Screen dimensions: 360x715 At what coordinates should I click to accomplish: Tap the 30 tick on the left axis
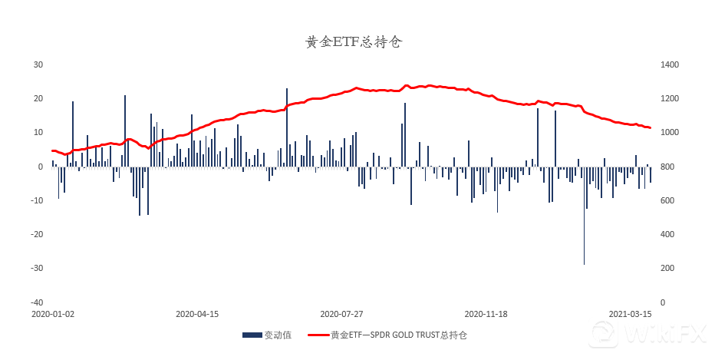(38, 64)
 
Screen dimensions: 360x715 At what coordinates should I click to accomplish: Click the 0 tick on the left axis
(40, 167)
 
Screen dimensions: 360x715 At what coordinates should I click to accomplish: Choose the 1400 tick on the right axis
(669, 64)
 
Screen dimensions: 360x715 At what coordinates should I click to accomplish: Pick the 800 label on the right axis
(667, 167)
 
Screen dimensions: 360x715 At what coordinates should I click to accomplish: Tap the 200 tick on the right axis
(667, 268)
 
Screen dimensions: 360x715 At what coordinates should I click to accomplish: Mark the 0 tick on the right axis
(662, 302)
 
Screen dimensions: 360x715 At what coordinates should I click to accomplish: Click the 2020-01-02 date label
(53, 314)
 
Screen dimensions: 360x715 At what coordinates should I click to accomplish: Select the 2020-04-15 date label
(197, 314)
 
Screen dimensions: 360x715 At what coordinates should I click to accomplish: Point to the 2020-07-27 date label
(341, 314)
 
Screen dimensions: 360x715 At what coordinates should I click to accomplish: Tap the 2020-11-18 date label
(486, 314)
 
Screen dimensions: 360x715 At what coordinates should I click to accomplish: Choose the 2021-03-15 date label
(631, 314)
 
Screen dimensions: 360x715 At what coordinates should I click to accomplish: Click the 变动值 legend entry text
(278, 335)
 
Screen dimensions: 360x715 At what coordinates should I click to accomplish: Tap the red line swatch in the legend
(318, 335)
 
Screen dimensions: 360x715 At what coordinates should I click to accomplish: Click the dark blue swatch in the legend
(252, 335)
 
